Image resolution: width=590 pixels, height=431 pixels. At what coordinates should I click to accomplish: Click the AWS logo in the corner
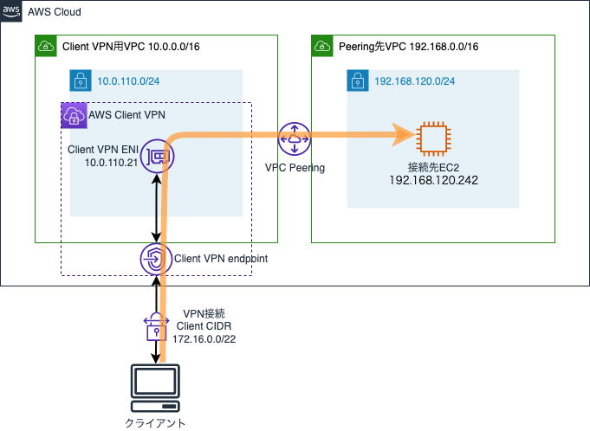pos(11,11)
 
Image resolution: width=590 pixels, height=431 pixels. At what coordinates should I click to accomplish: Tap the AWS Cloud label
pos(55,12)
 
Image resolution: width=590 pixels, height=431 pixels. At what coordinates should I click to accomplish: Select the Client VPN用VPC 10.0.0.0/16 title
pos(131,47)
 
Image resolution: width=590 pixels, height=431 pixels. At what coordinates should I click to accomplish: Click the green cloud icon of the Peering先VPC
pos(322,46)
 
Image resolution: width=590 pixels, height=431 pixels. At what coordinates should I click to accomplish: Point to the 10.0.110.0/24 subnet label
pos(128,81)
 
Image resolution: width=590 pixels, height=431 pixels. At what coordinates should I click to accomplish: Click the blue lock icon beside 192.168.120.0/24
pos(358,80)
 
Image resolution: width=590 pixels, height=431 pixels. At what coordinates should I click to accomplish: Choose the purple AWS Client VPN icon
pos(75,116)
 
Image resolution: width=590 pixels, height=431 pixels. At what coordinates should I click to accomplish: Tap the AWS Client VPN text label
pos(126,115)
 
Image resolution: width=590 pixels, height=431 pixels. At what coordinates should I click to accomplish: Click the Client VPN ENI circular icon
pos(158,156)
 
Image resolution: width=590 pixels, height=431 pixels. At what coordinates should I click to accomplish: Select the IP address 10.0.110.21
pos(111,163)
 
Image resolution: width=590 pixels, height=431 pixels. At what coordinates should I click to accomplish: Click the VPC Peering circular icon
pos(295,138)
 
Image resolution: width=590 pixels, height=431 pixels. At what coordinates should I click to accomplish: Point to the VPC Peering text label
pos(295,168)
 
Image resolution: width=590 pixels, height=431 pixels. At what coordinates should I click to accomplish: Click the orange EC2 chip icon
pos(433,138)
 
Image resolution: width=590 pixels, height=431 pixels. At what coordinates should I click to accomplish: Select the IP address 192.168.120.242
pos(433,180)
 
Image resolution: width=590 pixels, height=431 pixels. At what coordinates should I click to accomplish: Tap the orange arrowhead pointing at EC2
pos(404,134)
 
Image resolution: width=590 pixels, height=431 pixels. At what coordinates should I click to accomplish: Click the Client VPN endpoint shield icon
pos(156,259)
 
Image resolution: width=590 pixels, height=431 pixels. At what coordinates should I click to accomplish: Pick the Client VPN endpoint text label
pos(221,259)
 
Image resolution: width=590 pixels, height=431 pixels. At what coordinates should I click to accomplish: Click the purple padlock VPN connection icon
pos(156,327)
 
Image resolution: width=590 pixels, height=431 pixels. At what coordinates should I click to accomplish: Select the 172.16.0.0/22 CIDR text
pos(204,339)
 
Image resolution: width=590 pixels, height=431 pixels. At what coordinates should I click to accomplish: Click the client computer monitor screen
pos(155,381)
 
